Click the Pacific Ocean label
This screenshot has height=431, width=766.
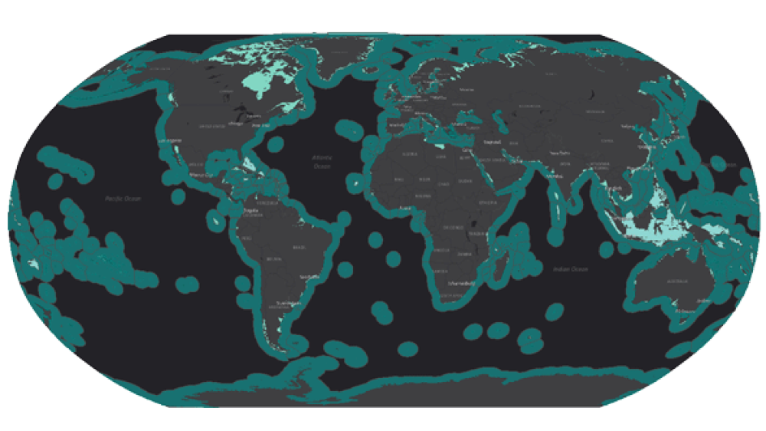123,199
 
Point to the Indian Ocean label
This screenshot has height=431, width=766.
568,268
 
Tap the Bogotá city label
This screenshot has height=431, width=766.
250,209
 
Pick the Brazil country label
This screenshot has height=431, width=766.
298,247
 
